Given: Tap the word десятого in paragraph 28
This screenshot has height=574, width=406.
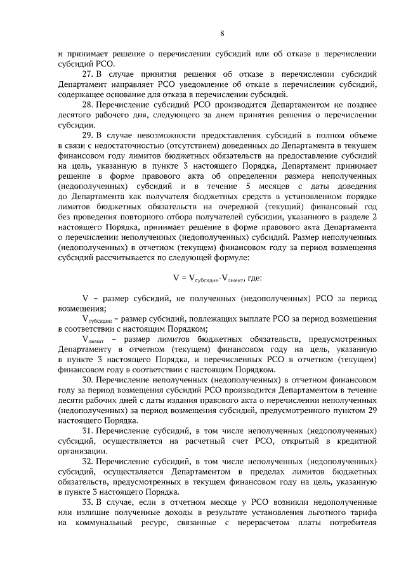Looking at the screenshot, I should pos(75,115).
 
